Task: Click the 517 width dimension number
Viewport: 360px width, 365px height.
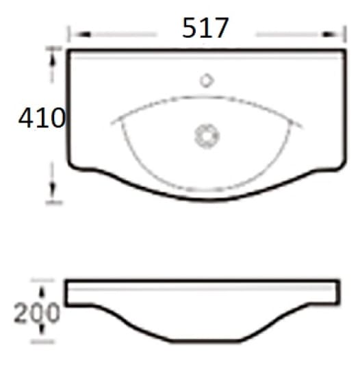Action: point(205,27)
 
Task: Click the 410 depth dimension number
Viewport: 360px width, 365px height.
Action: point(42,118)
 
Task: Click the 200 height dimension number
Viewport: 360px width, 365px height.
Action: point(37,313)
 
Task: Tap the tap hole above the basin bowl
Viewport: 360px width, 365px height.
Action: point(207,81)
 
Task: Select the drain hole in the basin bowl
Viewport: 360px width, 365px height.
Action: point(207,136)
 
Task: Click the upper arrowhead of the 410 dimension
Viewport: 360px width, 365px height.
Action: point(53,59)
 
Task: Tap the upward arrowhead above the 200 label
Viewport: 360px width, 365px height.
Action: point(42,292)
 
